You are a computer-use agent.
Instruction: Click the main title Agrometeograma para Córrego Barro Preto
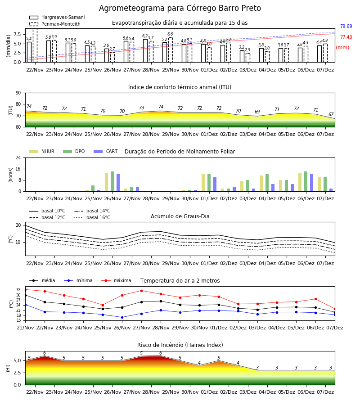coord(180,8)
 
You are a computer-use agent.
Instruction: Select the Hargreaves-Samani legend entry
coord(57,17)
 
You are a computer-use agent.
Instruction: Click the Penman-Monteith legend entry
coord(55,24)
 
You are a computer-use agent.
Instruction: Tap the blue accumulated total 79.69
coord(346,27)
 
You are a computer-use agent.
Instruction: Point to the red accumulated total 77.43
coord(346,37)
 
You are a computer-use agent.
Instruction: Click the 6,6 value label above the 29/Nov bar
coord(170,34)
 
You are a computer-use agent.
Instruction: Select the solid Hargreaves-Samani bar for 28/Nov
coord(145,50)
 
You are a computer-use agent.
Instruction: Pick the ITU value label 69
coord(257,112)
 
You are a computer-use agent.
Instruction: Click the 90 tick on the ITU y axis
coord(18,93)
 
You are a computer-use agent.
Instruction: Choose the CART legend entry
coord(106,151)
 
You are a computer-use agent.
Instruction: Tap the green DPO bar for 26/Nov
coord(112,181)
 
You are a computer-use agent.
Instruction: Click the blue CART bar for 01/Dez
coord(215,184)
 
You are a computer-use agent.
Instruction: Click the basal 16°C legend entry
coord(92,217)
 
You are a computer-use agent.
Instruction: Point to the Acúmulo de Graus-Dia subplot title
coord(180,216)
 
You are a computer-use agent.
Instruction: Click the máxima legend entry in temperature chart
coord(116,280)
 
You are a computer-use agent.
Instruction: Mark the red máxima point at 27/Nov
coord(141,291)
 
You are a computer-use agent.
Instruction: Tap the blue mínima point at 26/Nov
coord(122,317)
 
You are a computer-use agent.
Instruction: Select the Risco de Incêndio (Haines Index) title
coord(180,345)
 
